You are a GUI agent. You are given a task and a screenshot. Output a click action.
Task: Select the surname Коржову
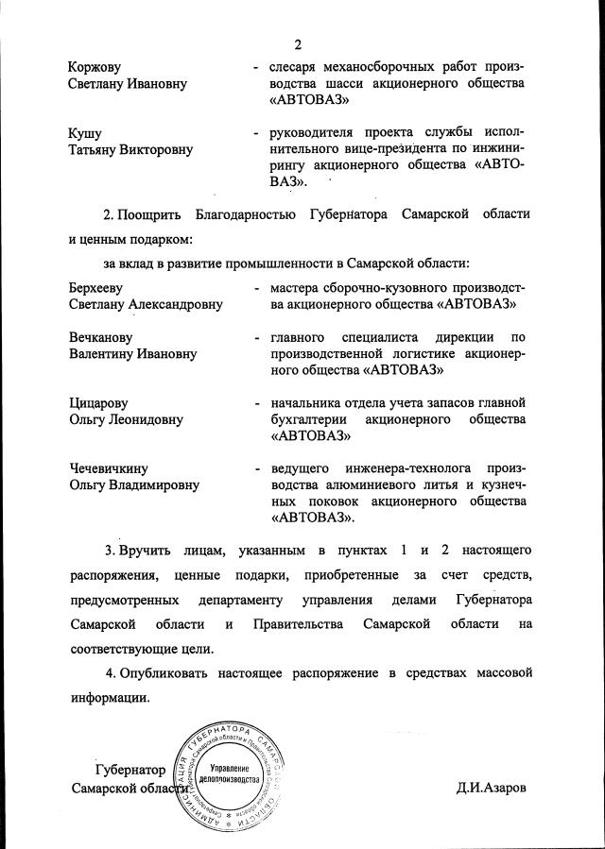[95, 67]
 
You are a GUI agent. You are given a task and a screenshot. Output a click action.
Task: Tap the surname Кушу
[85, 133]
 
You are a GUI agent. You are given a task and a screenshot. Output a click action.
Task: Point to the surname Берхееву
[97, 287]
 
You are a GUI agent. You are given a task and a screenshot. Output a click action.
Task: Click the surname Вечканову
[100, 337]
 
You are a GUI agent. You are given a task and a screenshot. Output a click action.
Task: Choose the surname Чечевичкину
[110, 468]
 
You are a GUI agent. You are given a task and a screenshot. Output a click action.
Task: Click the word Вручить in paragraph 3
[149, 549]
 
